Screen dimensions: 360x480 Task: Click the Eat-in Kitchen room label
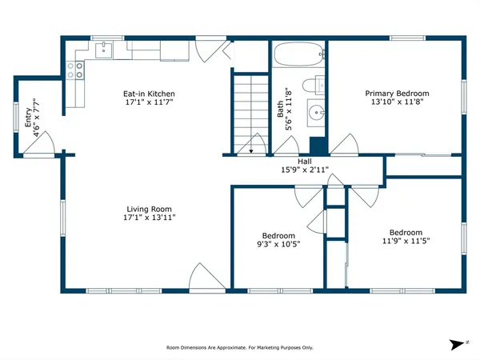[149, 94]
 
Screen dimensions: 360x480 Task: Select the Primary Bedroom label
[397, 93]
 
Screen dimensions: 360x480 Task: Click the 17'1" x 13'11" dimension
[149, 217]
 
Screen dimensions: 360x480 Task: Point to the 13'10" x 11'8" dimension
[397, 102]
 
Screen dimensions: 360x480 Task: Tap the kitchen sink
[103, 50]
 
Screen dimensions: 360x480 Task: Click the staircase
[250, 108]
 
